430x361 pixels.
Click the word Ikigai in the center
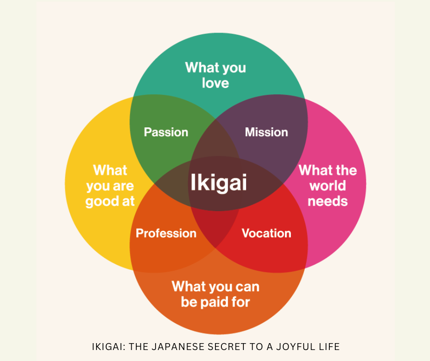click(x=219, y=182)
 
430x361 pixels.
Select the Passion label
click(x=166, y=132)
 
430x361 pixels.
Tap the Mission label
click(x=266, y=132)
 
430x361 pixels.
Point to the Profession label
click(x=166, y=233)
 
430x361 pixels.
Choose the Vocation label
click(x=266, y=233)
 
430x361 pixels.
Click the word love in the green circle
click(x=215, y=83)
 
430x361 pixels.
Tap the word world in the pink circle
click(x=328, y=186)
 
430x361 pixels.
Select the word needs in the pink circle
click(x=328, y=202)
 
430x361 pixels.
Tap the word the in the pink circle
click(x=346, y=170)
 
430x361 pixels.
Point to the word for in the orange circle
click(x=241, y=302)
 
